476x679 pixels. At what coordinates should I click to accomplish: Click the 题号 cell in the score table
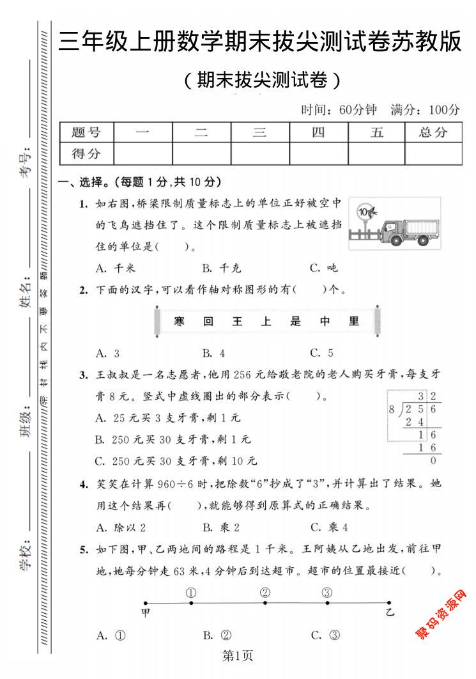coord(86,132)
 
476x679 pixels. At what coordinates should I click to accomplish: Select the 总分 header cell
coord(433,132)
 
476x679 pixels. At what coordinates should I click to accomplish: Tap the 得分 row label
coord(86,153)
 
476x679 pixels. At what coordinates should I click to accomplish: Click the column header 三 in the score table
coord(259,132)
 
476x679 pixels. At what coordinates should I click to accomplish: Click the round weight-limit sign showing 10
coord(364,211)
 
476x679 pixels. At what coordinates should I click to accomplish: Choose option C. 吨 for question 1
coord(324,268)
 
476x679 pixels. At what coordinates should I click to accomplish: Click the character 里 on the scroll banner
coord(354,322)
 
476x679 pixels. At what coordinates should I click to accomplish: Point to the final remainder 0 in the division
coord(433,460)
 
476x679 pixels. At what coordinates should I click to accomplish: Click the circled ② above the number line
coord(265,592)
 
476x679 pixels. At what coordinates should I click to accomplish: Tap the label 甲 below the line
coord(146,613)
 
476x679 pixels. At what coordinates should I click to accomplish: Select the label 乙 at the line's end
coord(390,613)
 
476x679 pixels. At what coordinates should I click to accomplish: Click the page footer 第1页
coord(237,655)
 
